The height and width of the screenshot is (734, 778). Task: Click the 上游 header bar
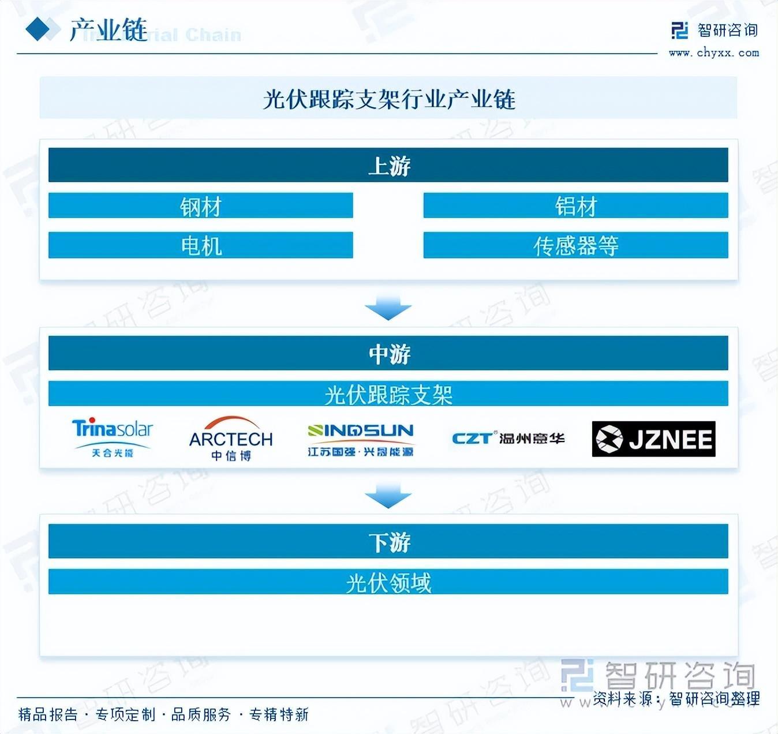click(x=388, y=165)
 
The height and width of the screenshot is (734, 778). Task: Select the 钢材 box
click(x=200, y=206)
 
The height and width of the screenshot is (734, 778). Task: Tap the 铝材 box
click(x=575, y=206)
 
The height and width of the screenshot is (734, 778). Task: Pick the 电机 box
click(x=200, y=245)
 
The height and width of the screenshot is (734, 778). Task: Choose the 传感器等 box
click(x=575, y=245)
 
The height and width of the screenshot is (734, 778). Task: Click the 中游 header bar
click(x=388, y=353)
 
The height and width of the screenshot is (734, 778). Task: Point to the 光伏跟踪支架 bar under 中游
click(x=388, y=394)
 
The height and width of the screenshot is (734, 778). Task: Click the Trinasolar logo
click(x=113, y=437)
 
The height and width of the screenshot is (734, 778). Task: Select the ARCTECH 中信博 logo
click(x=231, y=439)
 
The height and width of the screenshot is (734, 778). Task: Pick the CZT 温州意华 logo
click(x=508, y=439)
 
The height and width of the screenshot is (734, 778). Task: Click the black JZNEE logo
click(x=653, y=439)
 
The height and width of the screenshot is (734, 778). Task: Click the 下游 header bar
click(x=388, y=541)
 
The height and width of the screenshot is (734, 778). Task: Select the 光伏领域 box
click(x=388, y=582)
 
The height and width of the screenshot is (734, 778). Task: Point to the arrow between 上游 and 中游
click(x=388, y=308)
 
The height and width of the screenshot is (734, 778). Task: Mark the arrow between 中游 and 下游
click(x=388, y=496)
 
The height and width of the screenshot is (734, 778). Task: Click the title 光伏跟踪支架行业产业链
click(x=388, y=99)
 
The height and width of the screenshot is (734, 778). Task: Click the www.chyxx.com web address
click(x=714, y=53)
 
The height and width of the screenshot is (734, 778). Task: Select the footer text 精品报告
click(x=48, y=715)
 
